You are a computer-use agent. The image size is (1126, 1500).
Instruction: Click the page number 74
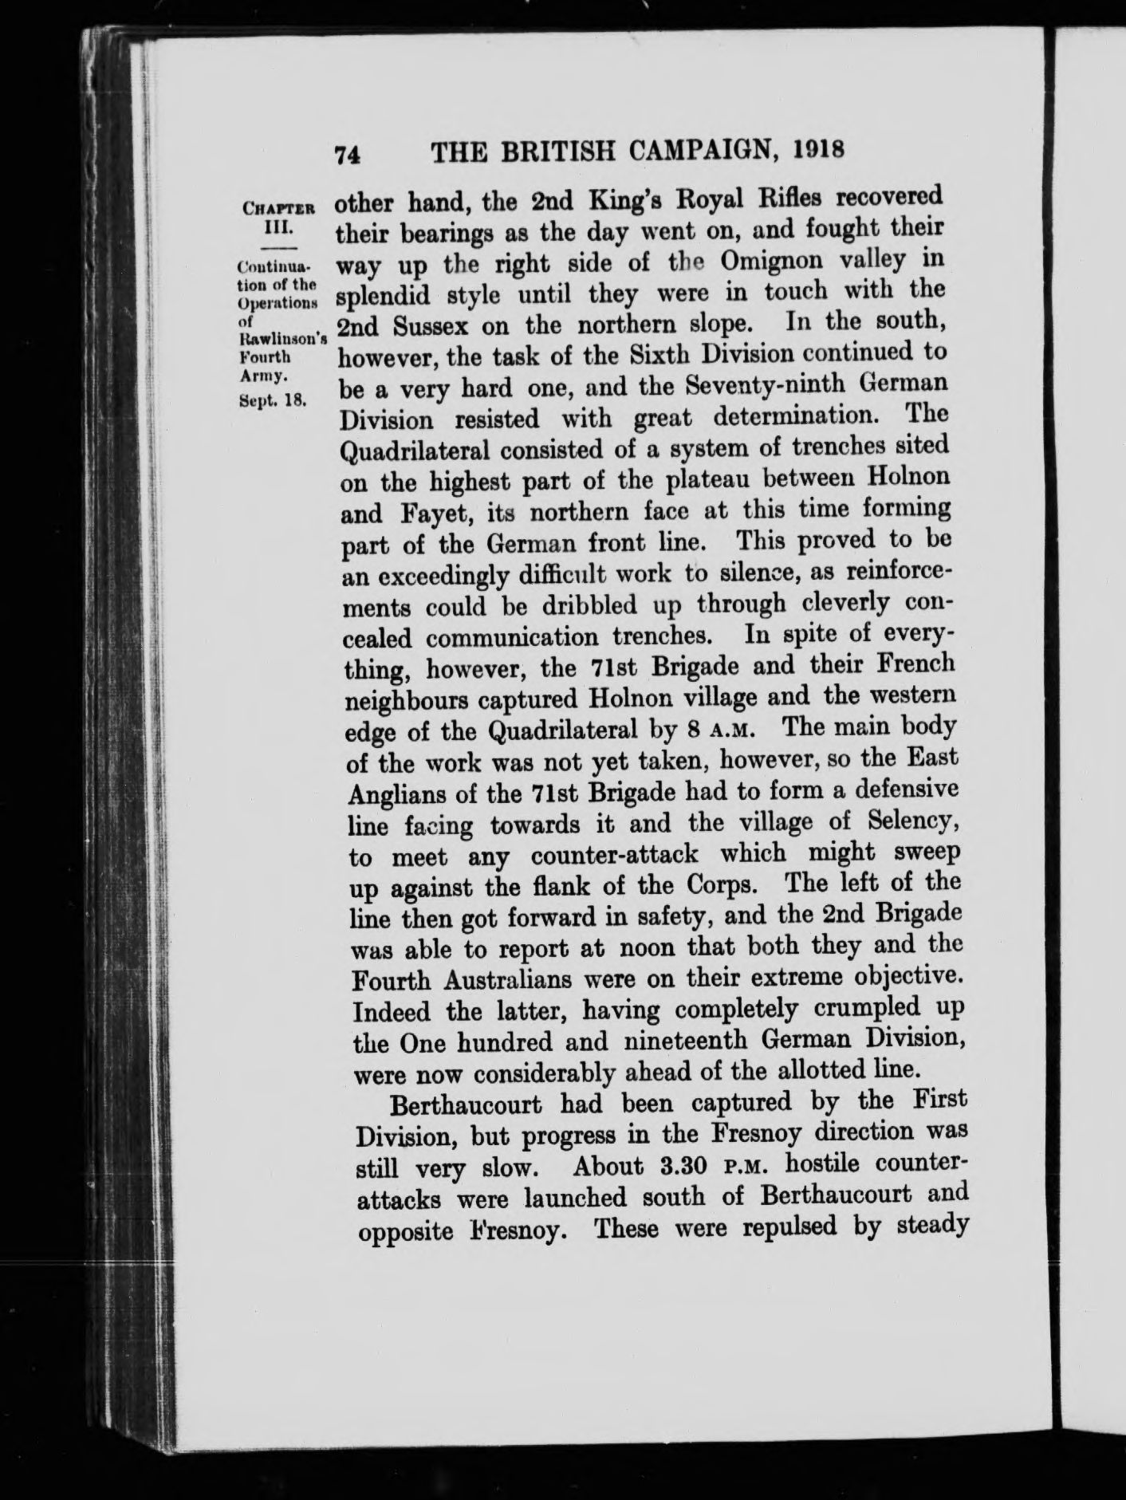[x=348, y=153]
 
